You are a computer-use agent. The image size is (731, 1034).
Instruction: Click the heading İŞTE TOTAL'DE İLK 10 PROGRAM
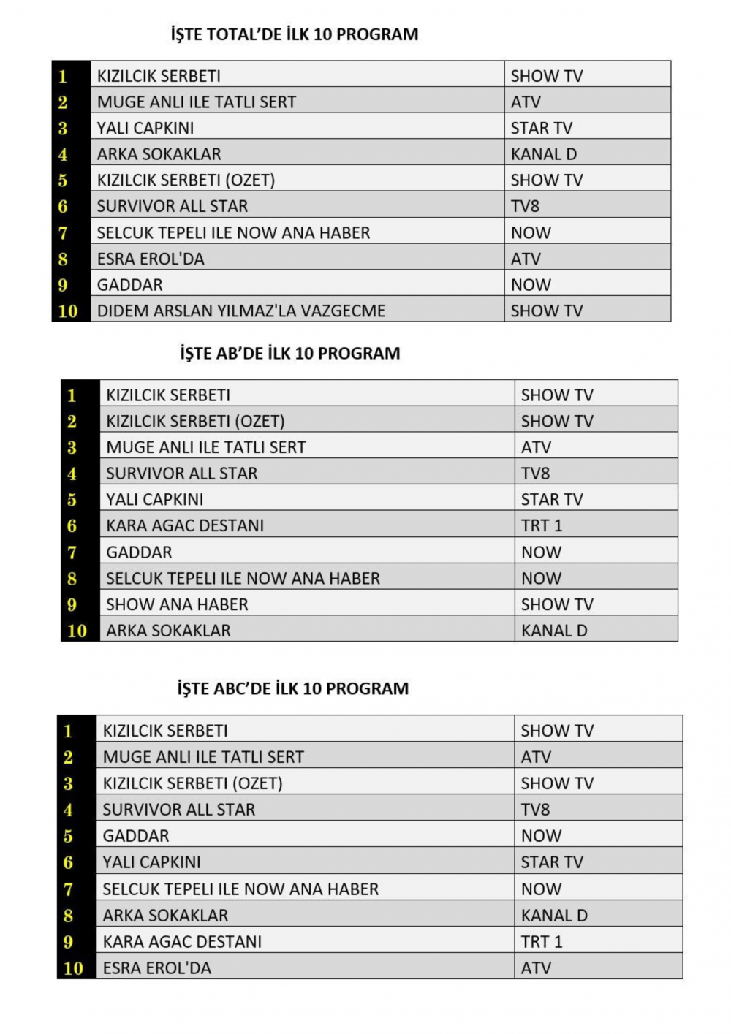(295, 34)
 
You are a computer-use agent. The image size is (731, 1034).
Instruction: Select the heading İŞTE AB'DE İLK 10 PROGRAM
(290, 354)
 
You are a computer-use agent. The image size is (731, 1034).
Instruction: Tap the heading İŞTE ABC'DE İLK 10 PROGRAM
(293, 688)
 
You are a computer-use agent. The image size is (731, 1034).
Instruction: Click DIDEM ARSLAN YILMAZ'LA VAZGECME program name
(241, 311)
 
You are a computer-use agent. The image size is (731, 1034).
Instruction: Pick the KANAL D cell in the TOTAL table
(544, 154)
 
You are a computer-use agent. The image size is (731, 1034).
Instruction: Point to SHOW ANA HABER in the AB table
(177, 604)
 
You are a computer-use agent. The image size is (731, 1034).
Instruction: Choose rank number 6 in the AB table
(72, 526)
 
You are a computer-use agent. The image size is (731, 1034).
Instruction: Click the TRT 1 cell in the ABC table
(542, 941)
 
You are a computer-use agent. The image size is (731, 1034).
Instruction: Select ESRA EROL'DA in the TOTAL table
(151, 259)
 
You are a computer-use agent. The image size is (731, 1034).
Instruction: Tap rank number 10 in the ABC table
(73, 968)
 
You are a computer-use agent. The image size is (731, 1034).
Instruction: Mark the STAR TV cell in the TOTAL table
(542, 128)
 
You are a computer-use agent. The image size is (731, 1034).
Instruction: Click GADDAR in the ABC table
(136, 836)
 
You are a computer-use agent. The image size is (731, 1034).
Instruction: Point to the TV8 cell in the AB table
(535, 474)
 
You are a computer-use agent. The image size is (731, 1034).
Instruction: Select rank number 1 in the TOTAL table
(63, 76)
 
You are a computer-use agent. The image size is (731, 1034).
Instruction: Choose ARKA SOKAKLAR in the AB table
(168, 631)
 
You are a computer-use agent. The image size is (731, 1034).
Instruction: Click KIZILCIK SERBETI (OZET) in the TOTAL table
(186, 180)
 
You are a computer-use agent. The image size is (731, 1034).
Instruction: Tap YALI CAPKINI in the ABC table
(151, 862)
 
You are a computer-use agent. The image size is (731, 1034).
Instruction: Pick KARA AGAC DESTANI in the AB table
(185, 525)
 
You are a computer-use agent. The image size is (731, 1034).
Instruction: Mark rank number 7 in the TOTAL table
(63, 233)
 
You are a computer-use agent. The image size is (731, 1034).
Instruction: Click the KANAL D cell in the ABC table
(554, 915)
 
